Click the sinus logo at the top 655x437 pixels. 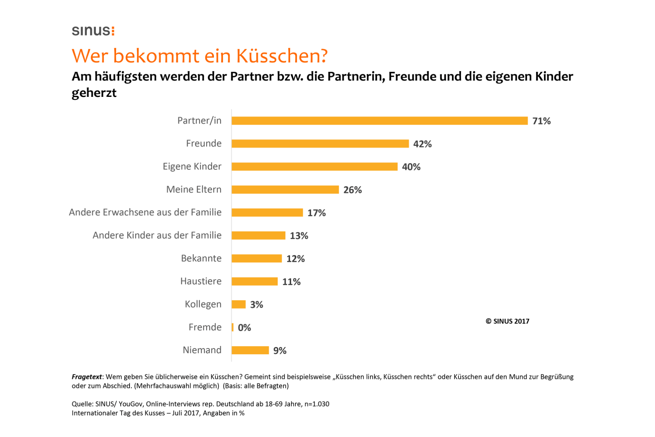pos(93,31)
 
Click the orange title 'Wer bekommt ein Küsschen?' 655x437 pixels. pos(199,56)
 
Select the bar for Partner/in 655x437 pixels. pos(379,121)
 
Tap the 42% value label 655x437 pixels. pos(422,144)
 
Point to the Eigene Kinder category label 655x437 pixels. pos(192,166)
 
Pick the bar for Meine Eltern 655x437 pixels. pos(285,190)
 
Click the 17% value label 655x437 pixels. pos(316,213)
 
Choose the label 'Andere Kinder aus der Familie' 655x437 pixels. pos(157,235)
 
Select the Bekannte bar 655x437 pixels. pos(257,259)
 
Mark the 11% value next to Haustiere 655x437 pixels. pos(291,282)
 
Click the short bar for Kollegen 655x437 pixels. pos(239,304)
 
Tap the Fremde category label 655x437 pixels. pos(205,327)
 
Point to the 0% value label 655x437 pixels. pos(244,328)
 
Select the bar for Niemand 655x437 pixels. pos(250,350)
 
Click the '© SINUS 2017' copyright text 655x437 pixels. pos(507,321)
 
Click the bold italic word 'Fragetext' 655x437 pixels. pos(87,377)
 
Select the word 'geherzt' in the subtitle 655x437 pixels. pos(94,93)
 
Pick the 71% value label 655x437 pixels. pos(541,121)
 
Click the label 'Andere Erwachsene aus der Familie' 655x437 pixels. pos(145,212)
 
